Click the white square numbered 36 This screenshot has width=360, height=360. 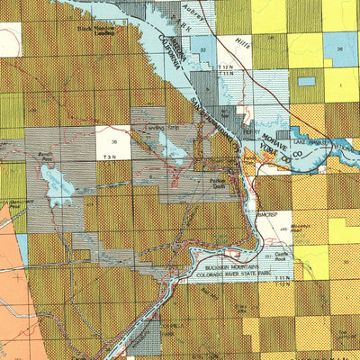click(112, 141)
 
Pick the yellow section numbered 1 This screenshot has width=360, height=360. click(341, 85)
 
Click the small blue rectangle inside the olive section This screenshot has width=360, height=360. click(307, 81)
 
